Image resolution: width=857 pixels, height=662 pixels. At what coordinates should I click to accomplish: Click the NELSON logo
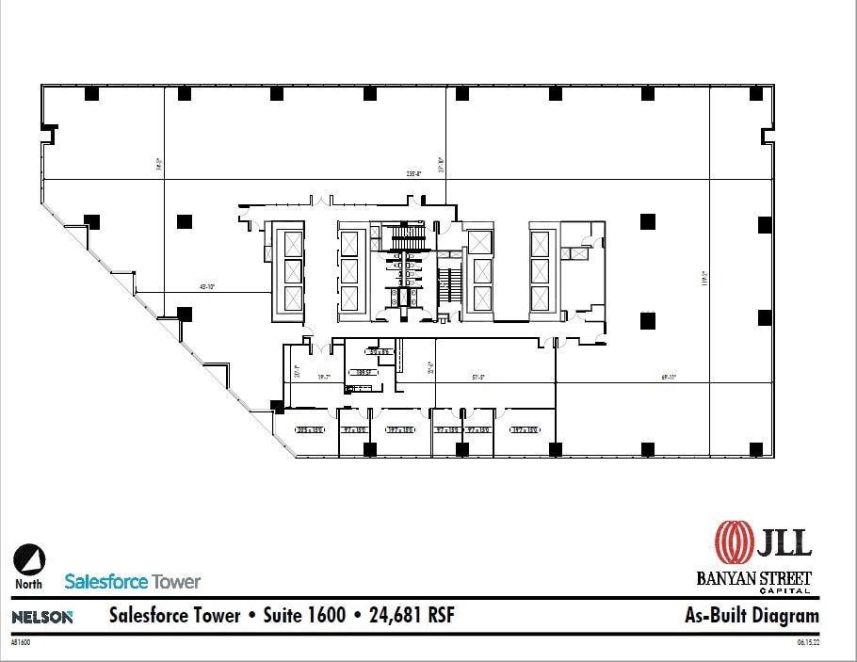click(41, 617)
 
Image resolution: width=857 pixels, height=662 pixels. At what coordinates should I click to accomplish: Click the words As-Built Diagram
click(752, 617)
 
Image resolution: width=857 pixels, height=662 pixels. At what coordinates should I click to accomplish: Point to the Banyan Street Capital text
click(754, 581)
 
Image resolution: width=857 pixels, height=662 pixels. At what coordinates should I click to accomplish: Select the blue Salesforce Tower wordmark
click(133, 581)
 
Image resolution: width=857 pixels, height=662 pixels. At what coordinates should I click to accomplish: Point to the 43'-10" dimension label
click(207, 286)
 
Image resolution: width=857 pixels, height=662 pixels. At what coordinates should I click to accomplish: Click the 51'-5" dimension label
click(477, 377)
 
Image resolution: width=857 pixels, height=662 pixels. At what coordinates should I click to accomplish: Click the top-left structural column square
click(91, 93)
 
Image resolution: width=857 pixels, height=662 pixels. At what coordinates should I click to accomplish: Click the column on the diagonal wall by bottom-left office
click(277, 407)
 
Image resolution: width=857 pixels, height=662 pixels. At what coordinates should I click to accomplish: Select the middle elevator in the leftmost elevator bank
click(293, 271)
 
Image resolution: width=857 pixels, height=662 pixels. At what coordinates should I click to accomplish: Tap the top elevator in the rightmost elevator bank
click(540, 244)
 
